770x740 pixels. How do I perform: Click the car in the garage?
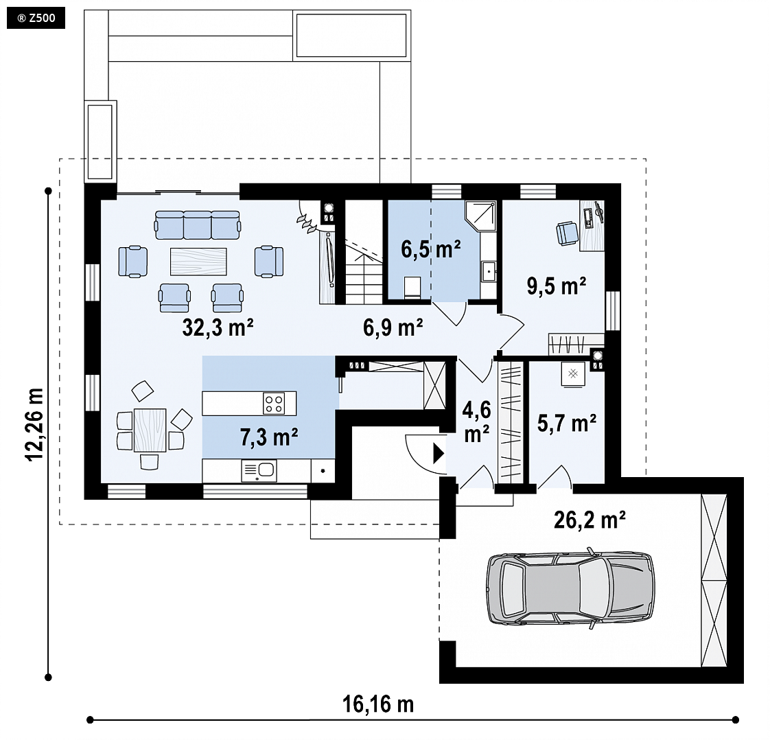570,588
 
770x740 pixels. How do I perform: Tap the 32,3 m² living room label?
218,327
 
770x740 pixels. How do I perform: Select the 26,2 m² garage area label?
590,520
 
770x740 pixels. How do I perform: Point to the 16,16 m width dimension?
377,704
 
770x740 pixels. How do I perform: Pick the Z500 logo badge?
36,19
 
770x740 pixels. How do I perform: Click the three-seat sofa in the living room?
198,225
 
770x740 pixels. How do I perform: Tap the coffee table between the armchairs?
198,262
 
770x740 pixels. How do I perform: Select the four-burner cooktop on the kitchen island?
274,403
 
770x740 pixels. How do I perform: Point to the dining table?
150,430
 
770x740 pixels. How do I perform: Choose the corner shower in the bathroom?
480,215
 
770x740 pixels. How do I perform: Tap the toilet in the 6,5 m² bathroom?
412,287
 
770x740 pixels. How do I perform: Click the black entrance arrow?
439,454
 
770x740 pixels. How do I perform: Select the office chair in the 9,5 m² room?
567,233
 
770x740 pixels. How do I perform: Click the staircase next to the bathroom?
364,252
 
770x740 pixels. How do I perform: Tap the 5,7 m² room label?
567,424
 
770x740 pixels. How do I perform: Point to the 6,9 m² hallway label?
393,327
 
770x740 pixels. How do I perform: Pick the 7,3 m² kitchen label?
269,437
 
